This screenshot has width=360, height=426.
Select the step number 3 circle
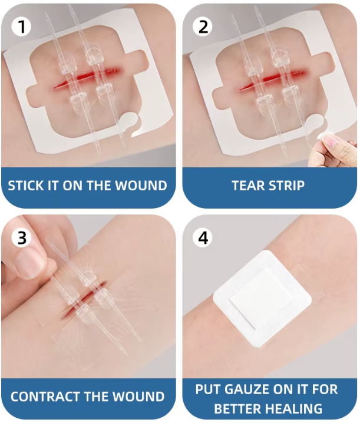[21, 239]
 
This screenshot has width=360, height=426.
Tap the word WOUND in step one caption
[141, 186]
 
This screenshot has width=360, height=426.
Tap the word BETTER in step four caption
[239, 408]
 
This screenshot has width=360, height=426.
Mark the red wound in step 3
[82, 298]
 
